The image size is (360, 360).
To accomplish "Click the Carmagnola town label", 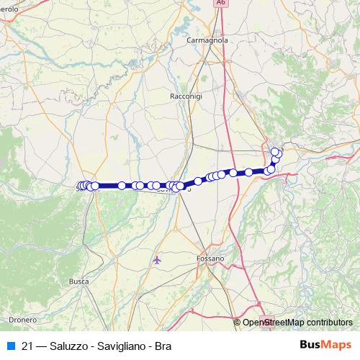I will pos(207,41).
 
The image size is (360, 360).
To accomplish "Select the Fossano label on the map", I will pos(210,257).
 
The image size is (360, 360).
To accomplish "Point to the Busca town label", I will pos(79,282).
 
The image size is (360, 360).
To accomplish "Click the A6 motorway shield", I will pos(220,3).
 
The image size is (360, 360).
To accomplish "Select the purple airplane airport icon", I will pos(158,260).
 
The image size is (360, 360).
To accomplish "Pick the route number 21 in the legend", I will pos(27,345).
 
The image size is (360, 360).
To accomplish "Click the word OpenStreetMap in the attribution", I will pos(273,323).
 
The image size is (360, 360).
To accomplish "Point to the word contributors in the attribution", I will pos(328,323).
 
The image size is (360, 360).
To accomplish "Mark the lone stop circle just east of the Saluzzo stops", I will pos(122,186).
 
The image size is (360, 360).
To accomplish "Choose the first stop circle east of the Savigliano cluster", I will pos(198,181).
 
